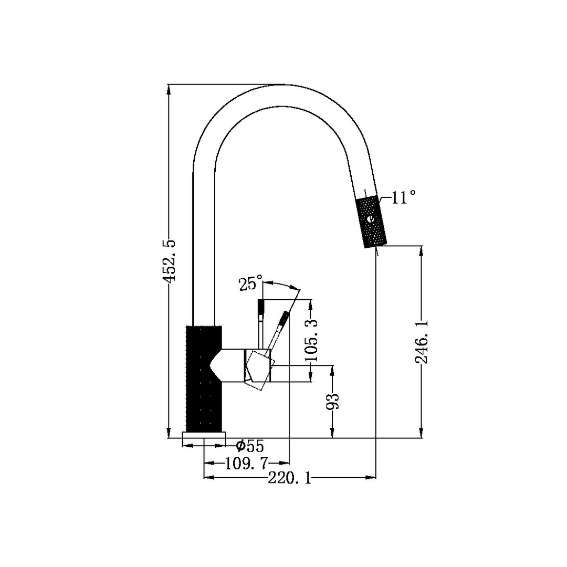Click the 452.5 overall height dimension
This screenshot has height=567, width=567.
(x=169, y=261)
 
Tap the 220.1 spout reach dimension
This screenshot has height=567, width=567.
(x=289, y=478)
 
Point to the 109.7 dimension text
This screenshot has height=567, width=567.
(x=246, y=463)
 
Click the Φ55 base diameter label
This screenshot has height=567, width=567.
(x=250, y=446)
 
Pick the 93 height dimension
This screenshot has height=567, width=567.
(x=333, y=401)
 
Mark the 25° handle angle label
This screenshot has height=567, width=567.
(x=250, y=285)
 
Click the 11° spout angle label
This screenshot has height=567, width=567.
(x=403, y=197)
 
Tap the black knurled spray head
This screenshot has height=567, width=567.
(x=372, y=221)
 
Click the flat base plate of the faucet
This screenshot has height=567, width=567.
(x=204, y=435)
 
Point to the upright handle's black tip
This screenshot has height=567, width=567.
(x=260, y=307)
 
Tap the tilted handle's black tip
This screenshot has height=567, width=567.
(x=284, y=318)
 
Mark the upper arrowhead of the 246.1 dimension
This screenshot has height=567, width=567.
(x=421, y=251)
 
